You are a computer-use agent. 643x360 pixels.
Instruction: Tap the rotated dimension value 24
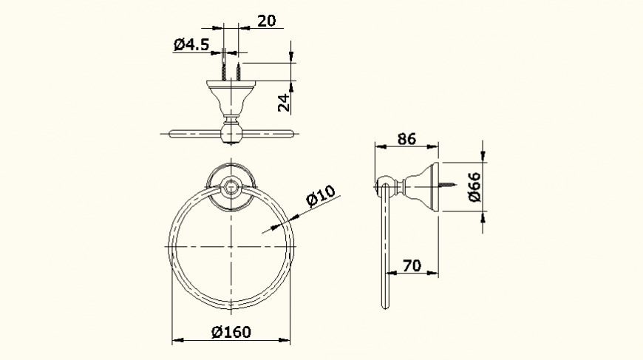[283, 102]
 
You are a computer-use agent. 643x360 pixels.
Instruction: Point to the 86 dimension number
[406, 138]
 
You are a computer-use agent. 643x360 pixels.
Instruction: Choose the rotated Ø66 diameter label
[474, 187]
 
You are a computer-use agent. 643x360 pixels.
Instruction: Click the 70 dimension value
[412, 265]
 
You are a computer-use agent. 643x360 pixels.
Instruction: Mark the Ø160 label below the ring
[231, 332]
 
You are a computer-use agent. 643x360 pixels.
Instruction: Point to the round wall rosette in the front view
[231, 185]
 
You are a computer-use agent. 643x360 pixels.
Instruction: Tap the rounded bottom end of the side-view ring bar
[383, 305]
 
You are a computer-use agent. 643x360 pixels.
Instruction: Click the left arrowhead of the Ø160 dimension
[176, 341]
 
